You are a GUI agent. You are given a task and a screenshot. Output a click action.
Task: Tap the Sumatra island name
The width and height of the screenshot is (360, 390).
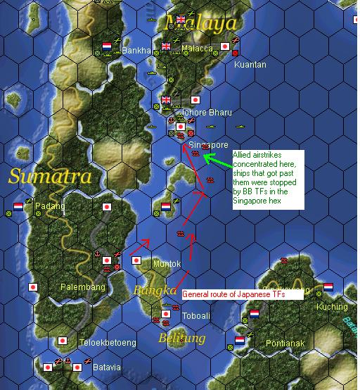pos(50,176)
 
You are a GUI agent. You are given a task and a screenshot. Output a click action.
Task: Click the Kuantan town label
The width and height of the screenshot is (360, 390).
pos(250,64)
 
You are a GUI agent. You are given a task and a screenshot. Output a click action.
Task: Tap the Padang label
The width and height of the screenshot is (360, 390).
pos(52,206)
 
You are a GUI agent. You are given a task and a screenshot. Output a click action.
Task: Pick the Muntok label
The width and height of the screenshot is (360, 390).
pos(167,264)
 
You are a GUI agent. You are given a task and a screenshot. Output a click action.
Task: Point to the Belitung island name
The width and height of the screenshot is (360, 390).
pos(181,339)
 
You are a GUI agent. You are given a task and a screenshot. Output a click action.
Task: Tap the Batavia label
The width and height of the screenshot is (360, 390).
pos(107,367)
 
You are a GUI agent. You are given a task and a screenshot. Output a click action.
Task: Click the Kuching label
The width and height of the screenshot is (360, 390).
pos(332,307)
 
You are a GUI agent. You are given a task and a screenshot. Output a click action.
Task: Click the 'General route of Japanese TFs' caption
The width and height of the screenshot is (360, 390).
pos(242,295)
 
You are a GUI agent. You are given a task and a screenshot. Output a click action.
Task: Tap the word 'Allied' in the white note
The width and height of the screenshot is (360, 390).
pos(245,155)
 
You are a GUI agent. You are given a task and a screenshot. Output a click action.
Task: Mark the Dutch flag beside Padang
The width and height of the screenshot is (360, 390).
pos(18,207)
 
